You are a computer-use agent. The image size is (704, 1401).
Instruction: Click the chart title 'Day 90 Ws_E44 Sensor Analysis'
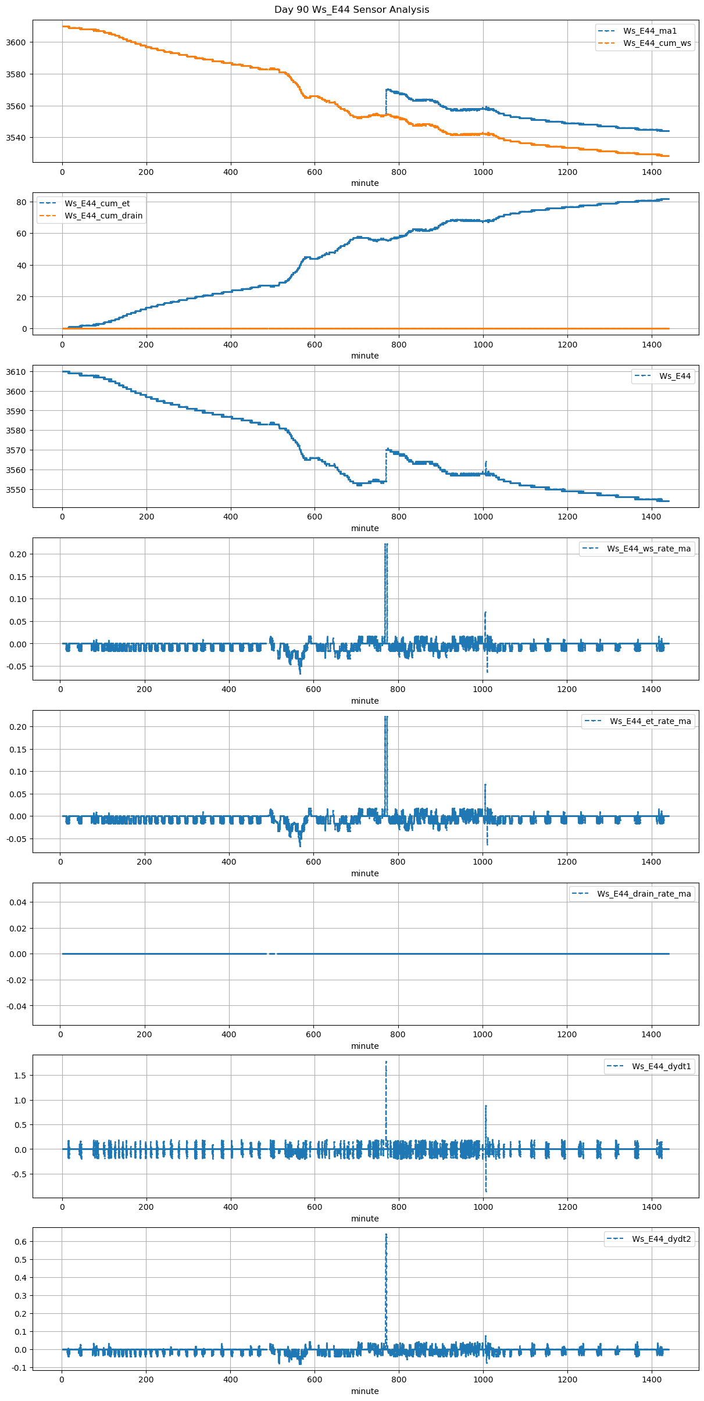(x=352, y=10)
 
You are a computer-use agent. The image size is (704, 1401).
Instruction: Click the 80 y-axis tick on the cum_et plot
(x=22, y=202)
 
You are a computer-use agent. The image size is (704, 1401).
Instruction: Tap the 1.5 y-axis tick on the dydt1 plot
(x=22, y=1076)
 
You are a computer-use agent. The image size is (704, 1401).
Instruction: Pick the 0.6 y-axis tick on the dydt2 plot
(x=22, y=1242)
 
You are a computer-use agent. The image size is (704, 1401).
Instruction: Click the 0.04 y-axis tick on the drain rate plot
(x=19, y=902)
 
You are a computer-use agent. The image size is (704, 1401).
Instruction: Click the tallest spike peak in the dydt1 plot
(x=386, y=1062)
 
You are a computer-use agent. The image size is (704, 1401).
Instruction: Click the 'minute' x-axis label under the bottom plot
(x=365, y=1391)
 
